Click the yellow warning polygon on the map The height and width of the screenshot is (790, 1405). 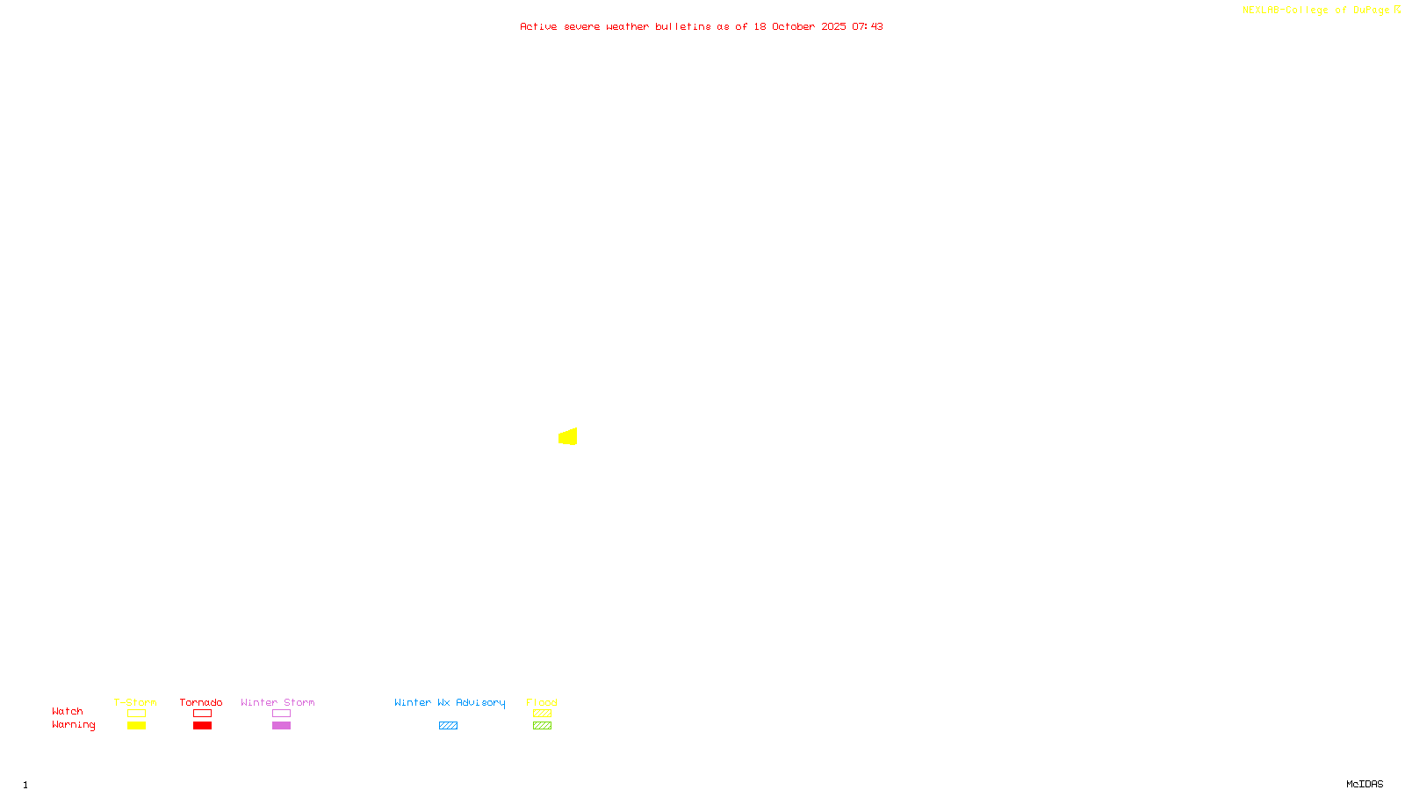click(x=568, y=436)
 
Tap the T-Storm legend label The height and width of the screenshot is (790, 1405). click(x=135, y=702)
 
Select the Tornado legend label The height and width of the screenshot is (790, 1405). click(x=201, y=702)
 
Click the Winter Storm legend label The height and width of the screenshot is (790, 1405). click(x=277, y=702)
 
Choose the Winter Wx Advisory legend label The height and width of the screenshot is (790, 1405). click(x=450, y=702)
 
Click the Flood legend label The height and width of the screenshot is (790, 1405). click(x=542, y=702)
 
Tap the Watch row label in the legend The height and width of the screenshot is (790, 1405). click(x=68, y=711)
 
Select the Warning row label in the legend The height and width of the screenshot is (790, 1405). click(x=73, y=725)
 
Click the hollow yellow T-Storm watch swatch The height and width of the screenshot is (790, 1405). click(x=136, y=714)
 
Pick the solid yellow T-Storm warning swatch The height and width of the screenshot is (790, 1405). click(x=136, y=726)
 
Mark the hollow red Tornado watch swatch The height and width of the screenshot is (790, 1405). click(x=202, y=714)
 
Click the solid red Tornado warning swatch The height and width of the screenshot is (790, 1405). click(x=202, y=726)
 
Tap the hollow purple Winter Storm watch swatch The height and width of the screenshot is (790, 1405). click(x=281, y=714)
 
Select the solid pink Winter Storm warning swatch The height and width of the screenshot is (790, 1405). click(x=281, y=726)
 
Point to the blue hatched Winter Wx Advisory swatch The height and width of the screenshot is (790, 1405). click(x=448, y=726)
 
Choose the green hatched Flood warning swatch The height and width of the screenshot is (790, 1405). click(x=542, y=726)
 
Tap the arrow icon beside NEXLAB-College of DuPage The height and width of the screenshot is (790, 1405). click(x=1397, y=10)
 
